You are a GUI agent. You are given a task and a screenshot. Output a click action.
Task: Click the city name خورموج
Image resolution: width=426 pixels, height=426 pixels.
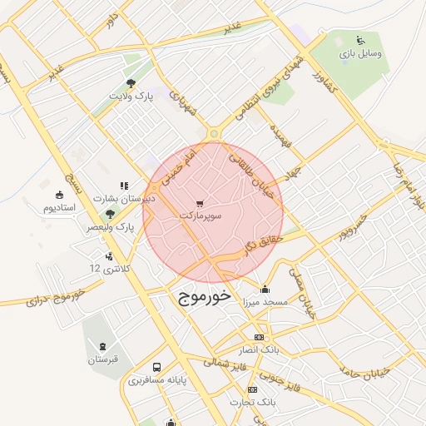201,297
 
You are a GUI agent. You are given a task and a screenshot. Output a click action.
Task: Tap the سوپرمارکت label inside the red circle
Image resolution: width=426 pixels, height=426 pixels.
201,216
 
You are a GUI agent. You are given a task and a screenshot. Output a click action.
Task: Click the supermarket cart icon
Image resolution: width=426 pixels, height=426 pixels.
200,203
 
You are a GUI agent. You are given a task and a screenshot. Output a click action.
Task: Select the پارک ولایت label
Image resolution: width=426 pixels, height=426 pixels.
133,96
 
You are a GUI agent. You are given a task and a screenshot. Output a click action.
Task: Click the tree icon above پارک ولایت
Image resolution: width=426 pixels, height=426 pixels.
131,82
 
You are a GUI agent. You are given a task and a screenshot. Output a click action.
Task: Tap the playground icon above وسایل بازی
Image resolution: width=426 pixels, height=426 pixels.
360,39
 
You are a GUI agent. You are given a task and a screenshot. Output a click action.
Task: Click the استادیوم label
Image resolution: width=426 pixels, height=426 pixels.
59,206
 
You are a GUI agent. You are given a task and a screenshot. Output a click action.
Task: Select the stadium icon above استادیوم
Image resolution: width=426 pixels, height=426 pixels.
59,194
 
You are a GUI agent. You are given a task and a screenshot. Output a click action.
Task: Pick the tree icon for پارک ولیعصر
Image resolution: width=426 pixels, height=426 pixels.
110,214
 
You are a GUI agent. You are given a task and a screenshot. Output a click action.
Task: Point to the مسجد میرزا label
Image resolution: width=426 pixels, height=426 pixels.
265,302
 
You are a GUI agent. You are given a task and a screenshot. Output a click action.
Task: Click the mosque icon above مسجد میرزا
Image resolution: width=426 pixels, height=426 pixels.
265,290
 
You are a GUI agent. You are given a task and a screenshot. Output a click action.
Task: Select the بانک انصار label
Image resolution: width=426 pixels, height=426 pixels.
260,349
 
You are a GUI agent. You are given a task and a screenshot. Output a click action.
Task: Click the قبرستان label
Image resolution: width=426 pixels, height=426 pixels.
104,359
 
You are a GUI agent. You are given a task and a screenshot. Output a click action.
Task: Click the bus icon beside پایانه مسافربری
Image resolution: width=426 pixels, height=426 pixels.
156,367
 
